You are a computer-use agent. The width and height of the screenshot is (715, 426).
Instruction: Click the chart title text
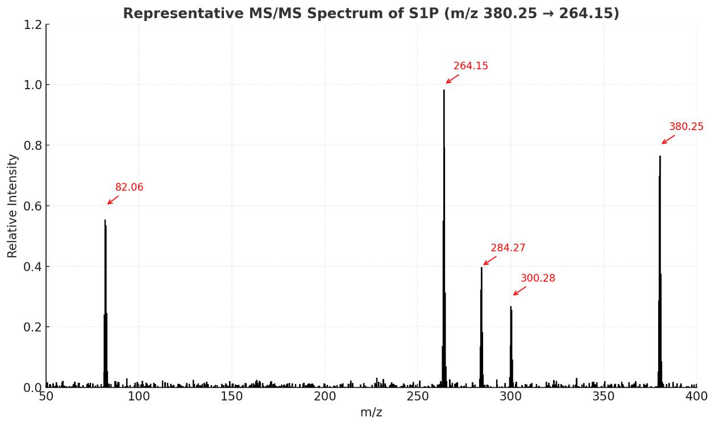(x=371, y=13)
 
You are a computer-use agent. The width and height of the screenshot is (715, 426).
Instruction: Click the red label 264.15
(x=471, y=66)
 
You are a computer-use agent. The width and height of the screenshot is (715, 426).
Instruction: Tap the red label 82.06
(x=129, y=187)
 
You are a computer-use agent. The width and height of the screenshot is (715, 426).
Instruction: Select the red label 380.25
(x=686, y=127)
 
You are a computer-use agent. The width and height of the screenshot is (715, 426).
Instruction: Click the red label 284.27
(x=508, y=248)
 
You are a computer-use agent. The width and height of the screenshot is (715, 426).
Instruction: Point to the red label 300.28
(x=538, y=278)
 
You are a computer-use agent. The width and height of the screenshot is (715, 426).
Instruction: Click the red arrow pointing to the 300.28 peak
(x=519, y=291)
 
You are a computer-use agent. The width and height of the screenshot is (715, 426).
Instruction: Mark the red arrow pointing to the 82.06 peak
(x=113, y=200)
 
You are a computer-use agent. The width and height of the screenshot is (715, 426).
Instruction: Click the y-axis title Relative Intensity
(x=13, y=206)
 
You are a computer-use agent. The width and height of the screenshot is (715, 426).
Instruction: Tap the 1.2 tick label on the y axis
(x=32, y=24)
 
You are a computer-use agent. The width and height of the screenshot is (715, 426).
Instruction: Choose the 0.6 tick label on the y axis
(x=32, y=206)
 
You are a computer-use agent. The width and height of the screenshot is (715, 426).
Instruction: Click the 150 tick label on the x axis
(x=231, y=396)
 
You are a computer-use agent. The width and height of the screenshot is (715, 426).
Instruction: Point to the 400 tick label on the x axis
(x=696, y=396)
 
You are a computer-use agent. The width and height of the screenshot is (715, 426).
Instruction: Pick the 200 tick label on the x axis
(x=325, y=396)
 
